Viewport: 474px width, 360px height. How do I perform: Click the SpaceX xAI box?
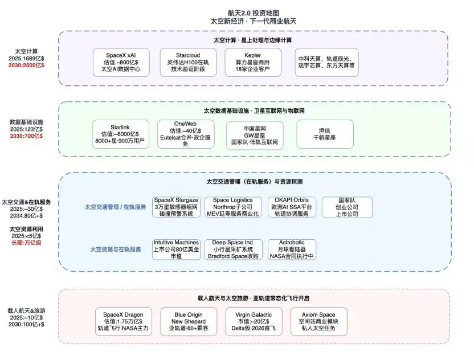[121, 62]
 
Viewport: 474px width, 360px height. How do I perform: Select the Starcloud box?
[188, 62]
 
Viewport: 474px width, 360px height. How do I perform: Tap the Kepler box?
[253, 62]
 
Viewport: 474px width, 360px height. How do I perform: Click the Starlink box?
[120, 134]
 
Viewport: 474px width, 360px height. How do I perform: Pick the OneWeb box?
[186, 134]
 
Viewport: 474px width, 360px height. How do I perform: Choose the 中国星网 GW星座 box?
[255, 136]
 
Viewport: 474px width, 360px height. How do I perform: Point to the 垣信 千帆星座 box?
[325, 134]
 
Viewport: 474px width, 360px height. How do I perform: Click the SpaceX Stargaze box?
[176, 207]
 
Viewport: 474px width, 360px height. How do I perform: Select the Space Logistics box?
[233, 207]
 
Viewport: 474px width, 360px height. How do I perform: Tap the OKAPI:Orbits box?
[292, 207]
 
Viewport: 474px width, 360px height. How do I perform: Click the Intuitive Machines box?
[176, 249]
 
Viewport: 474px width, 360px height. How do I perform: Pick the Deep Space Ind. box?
[234, 249]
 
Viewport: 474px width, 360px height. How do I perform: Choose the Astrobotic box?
[292, 249]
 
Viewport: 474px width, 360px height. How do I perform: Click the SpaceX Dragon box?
[123, 322]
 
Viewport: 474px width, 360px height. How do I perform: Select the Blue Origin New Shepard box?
[189, 322]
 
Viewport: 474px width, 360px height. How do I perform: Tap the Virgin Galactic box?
[254, 322]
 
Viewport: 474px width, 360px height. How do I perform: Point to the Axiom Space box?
[319, 322]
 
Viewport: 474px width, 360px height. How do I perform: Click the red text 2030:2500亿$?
[26, 66]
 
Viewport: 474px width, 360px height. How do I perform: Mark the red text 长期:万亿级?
[26, 243]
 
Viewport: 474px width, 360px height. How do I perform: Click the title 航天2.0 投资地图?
[254, 13]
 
